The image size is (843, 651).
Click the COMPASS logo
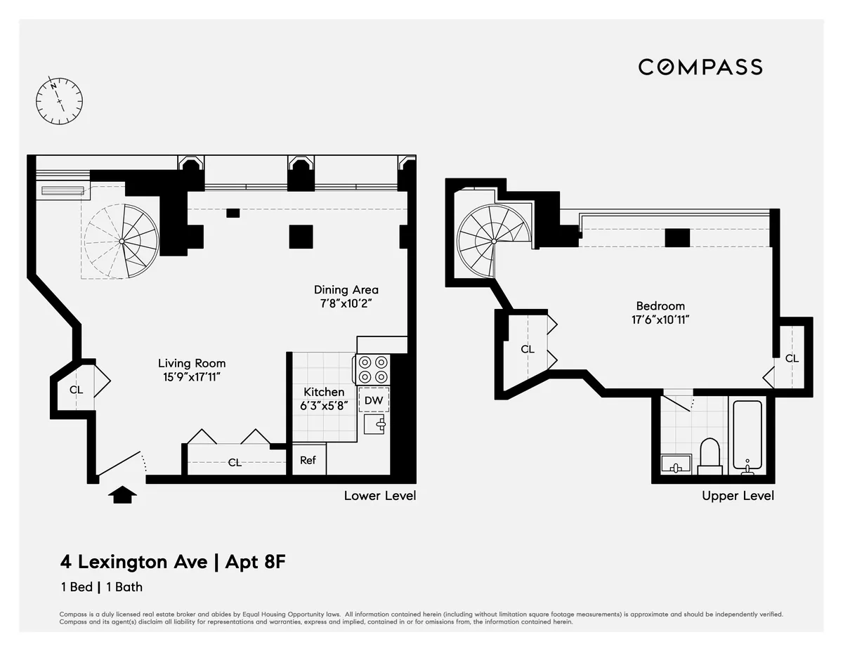coord(700,67)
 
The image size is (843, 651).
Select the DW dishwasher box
coord(374,400)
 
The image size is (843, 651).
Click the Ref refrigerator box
coord(308,461)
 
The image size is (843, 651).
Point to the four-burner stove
coord(373,369)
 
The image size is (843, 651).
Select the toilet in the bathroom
coord(710,456)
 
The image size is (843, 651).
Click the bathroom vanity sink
coord(676,464)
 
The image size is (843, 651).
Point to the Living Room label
coord(192,363)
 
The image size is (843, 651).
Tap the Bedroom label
coord(660,305)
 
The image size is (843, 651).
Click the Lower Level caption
coord(379,496)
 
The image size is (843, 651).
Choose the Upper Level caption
coord(738,496)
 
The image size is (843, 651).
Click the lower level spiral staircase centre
coord(122,241)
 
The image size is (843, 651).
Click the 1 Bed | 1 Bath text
coord(101,587)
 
